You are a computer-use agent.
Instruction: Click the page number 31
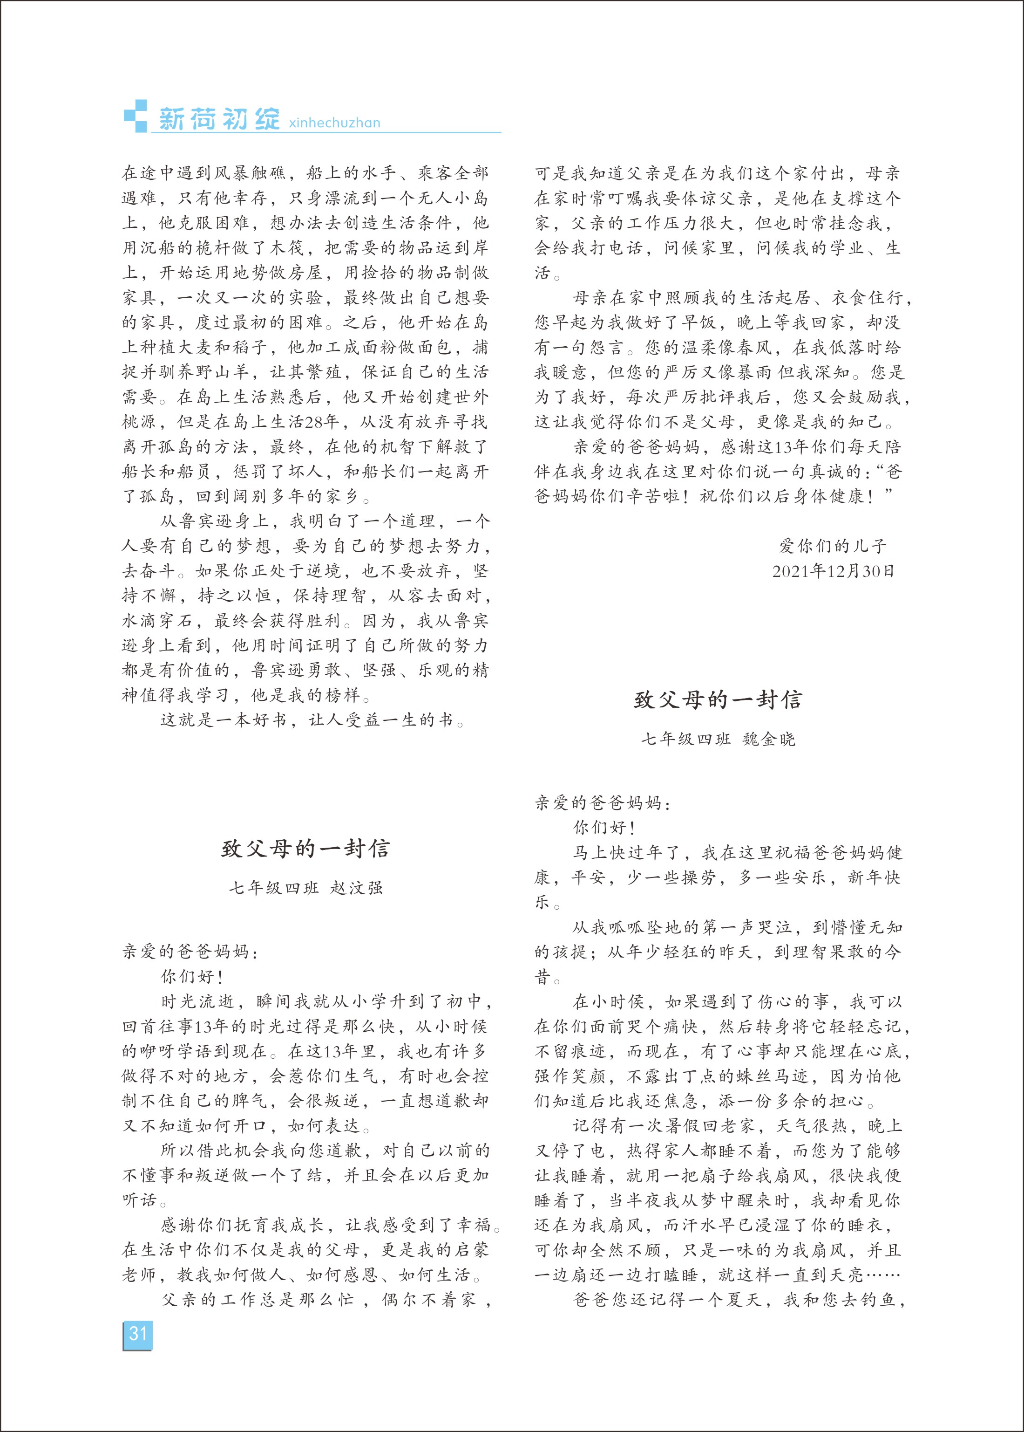coord(137,1334)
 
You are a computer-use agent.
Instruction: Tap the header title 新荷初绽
coord(219,119)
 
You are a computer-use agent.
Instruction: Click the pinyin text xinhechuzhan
coord(334,123)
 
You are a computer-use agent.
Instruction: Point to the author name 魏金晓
coord(769,740)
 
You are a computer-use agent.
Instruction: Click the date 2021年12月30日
coord(834,571)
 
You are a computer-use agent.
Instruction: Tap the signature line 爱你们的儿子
coord(834,546)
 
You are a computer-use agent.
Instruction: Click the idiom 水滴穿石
coord(158,621)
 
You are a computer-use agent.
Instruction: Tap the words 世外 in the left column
coord(471,397)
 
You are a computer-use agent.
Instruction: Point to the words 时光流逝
coord(197,1002)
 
